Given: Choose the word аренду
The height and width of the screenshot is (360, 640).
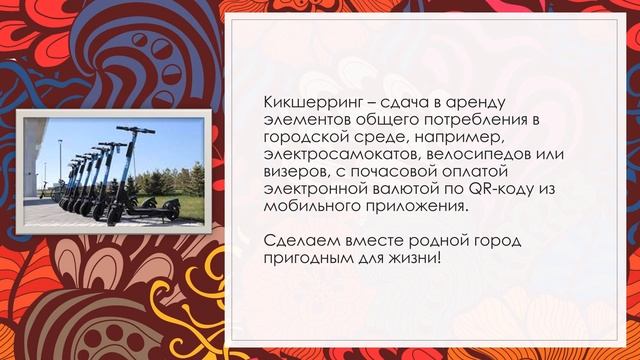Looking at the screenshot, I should (x=478, y=103).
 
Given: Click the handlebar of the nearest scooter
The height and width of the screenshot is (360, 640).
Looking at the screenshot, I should (x=130, y=132).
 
